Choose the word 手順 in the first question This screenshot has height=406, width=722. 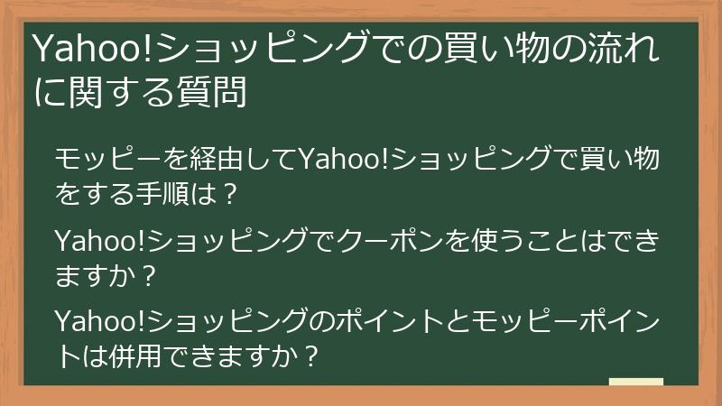pos(164,192)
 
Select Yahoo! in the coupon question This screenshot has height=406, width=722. pos(98,241)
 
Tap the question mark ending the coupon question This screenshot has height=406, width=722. pos(151,272)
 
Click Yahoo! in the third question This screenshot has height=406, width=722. pos(98,321)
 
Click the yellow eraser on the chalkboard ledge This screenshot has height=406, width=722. pos(635,382)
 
